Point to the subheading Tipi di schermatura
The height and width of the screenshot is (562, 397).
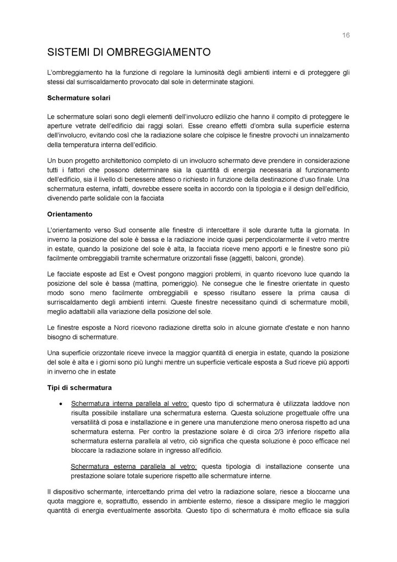pyautogui.click(x=80, y=388)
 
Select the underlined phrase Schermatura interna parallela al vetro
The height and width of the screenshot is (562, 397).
pyautogui.click(x=130, y=403)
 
